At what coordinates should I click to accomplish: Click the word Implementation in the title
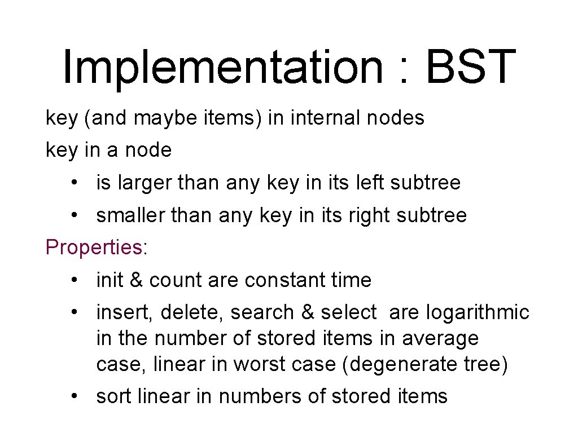[x=221, y=68]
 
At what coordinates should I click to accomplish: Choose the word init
[x=110, y=280]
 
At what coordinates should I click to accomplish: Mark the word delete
[x=195, y=312]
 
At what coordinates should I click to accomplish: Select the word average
[x=440, y=339]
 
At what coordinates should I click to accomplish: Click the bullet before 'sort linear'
[x=75, y=397]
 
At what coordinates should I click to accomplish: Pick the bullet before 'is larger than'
[x=75, y=183]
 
